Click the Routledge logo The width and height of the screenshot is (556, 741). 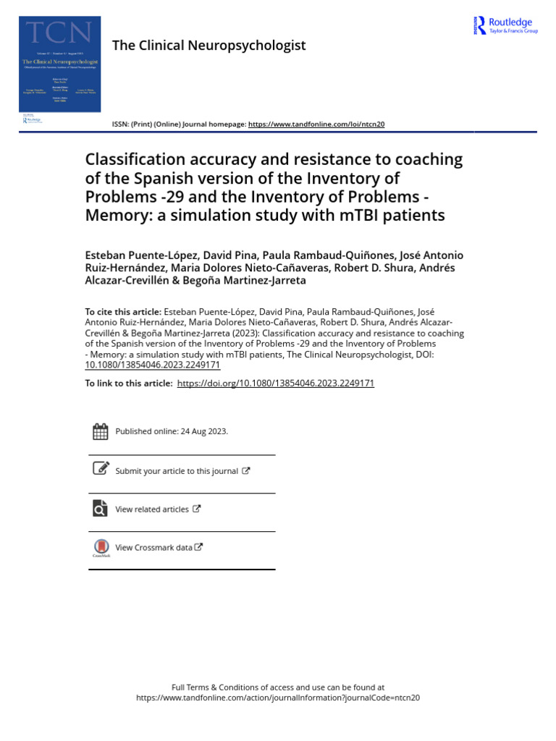point(505,26)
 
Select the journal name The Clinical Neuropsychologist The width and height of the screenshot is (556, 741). point(208,46)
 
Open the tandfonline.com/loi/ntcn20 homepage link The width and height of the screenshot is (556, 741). point(316,124)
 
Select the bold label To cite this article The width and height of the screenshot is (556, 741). point(123,312)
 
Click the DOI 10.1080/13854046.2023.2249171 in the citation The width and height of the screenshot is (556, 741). point(153,365)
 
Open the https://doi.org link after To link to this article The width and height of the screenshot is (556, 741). point(275,384)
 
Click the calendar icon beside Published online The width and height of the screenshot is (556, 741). point(101,431)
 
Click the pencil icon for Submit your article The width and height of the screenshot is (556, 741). point(101,469)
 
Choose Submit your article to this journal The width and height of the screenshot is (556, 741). point(177,471)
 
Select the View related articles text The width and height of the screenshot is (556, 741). point(152,509)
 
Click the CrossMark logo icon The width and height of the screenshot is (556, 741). point(101,548)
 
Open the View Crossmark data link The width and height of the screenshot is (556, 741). point(155,548)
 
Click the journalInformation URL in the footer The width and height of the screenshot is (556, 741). point(278,698)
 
